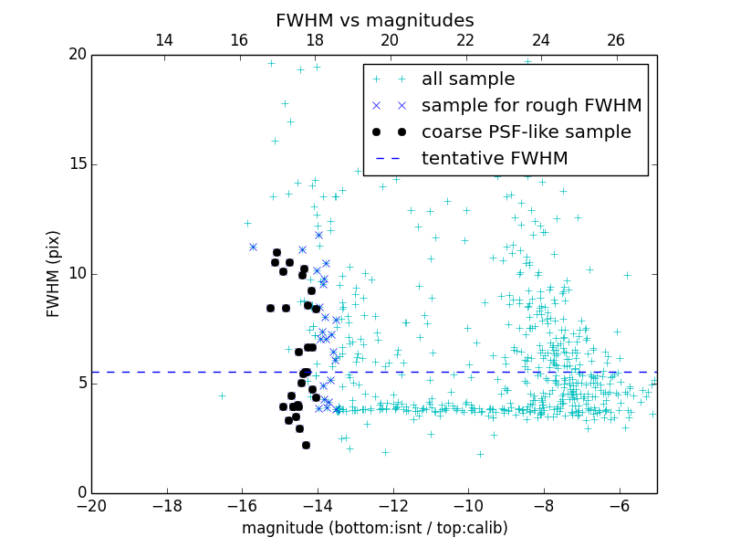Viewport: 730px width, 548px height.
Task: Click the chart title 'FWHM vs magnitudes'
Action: (x=374, y=20)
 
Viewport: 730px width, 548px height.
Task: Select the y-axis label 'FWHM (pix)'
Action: (x=54, y=273)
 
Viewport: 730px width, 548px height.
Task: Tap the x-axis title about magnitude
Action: (x=374, y=528)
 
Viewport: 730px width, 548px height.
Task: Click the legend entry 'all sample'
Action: (x=467, y=79)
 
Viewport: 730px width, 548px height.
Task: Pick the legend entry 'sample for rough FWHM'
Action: (x=531, y=106)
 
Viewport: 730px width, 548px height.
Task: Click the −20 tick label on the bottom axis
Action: (x=91, y=506)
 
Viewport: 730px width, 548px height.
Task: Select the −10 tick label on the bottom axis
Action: (x=468, y=506)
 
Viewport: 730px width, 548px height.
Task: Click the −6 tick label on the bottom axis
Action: (x=619, y=506)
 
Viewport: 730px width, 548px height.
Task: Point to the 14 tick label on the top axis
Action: (x=164, y=40)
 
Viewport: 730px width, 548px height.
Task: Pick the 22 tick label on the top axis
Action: (x=465, y=40)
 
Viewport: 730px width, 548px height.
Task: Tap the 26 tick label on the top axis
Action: (x=616, y=40)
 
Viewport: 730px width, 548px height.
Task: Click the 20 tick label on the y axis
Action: (x=77, y=55)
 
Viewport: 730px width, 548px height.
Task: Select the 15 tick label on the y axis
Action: (x=77, y=164)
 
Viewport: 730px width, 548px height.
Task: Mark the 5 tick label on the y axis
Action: (x=81, y=384)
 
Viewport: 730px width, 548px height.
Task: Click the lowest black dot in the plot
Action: (x=306, y=445)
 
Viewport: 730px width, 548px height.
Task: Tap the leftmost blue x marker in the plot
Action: (x=253, y=247)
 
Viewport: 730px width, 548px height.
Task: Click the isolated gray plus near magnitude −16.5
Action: (x=222, y=395)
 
